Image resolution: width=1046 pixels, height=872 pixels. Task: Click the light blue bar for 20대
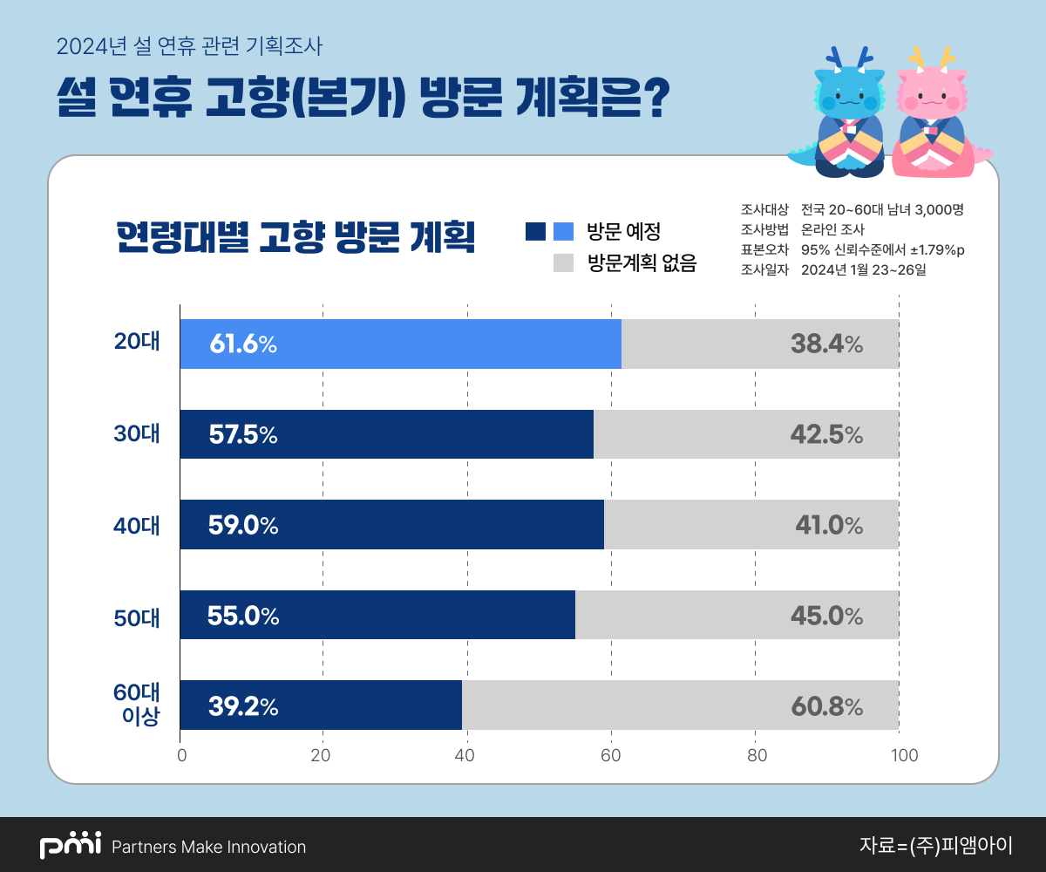pos(400,344)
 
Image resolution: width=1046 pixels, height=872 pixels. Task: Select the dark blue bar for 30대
pos(386,434)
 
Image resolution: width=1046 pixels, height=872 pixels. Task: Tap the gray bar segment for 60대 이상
pos(680,705)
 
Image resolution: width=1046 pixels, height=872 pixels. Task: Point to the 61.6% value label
pos(243,344)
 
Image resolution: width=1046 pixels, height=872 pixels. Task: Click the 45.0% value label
pos(826,616)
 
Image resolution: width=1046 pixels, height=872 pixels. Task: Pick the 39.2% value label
pos(243,706)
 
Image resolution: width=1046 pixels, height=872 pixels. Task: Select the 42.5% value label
pos(826,435)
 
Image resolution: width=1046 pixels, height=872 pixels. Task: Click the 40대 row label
pos(137,525)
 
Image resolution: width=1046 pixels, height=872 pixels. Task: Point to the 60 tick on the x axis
pos(611,755)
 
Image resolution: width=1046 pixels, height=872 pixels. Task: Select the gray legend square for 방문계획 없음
pos(563,262)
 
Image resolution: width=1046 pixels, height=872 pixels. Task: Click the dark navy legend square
pos(535,231)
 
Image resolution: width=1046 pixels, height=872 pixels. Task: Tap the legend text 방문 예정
pos(623,232)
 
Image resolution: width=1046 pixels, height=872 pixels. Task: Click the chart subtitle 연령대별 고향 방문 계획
pos(295,236)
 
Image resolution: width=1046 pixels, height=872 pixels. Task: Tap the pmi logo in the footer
pos(71,846)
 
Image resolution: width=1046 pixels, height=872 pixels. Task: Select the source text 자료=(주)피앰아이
pos(935,845)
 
